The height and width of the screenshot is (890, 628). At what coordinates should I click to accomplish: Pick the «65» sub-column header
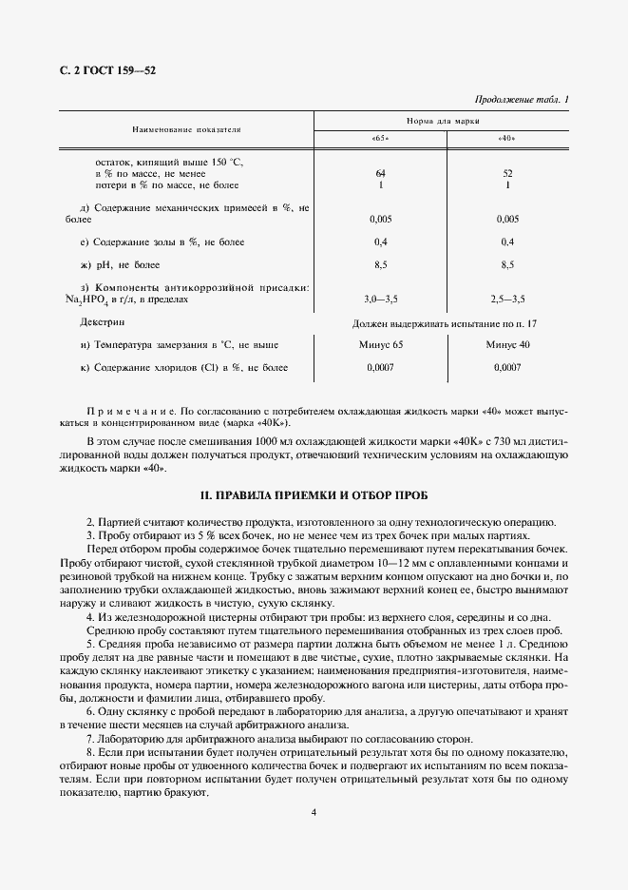[x=380, y=139]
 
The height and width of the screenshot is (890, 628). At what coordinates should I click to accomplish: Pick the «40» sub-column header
[x=506, y=139]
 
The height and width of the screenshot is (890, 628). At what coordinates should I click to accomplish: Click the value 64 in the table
[x=380, y=174]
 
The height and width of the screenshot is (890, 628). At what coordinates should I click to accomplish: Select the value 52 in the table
[x=506, y=174]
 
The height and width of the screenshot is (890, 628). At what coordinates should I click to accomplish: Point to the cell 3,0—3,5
[x=380, y=300]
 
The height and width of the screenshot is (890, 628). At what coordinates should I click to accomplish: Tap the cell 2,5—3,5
[x=506, y=300]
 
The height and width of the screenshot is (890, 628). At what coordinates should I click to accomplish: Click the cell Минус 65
[x=380, y=344]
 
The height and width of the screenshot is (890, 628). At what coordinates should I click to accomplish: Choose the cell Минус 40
[x=507, y=344]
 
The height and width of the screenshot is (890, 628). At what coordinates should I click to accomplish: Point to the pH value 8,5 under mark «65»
[x=380, y=264]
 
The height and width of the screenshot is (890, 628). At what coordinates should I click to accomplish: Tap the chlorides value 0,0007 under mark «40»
[x=507, y=367]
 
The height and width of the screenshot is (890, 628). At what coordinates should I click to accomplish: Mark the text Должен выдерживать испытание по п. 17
[x=445, y=323]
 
